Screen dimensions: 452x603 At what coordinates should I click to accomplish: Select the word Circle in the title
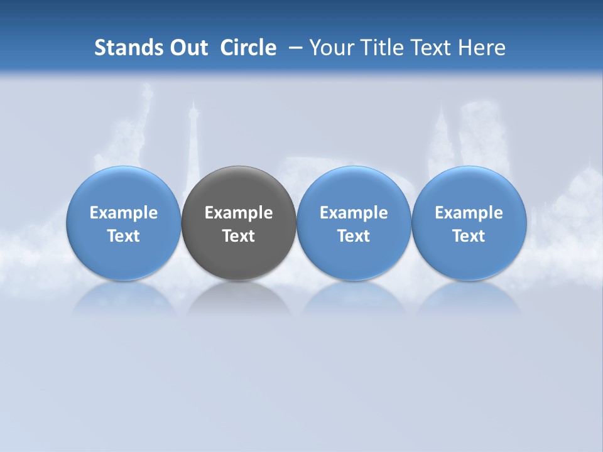[248, 48]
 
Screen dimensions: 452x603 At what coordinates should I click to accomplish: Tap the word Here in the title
[481, 48]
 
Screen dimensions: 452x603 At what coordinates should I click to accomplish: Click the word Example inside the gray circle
[239, 213]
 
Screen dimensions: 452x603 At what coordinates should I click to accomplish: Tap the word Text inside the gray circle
[239, 236]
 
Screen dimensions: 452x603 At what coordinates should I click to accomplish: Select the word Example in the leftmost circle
[124, 213]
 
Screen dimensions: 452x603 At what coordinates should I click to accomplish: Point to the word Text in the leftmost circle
[124, 236]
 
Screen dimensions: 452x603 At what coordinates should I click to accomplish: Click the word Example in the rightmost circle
[469, 213]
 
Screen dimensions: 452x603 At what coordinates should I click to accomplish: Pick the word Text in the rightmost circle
[469, 236]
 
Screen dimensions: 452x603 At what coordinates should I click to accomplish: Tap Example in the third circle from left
[354, 213]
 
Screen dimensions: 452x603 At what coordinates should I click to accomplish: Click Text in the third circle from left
[354, 236]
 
